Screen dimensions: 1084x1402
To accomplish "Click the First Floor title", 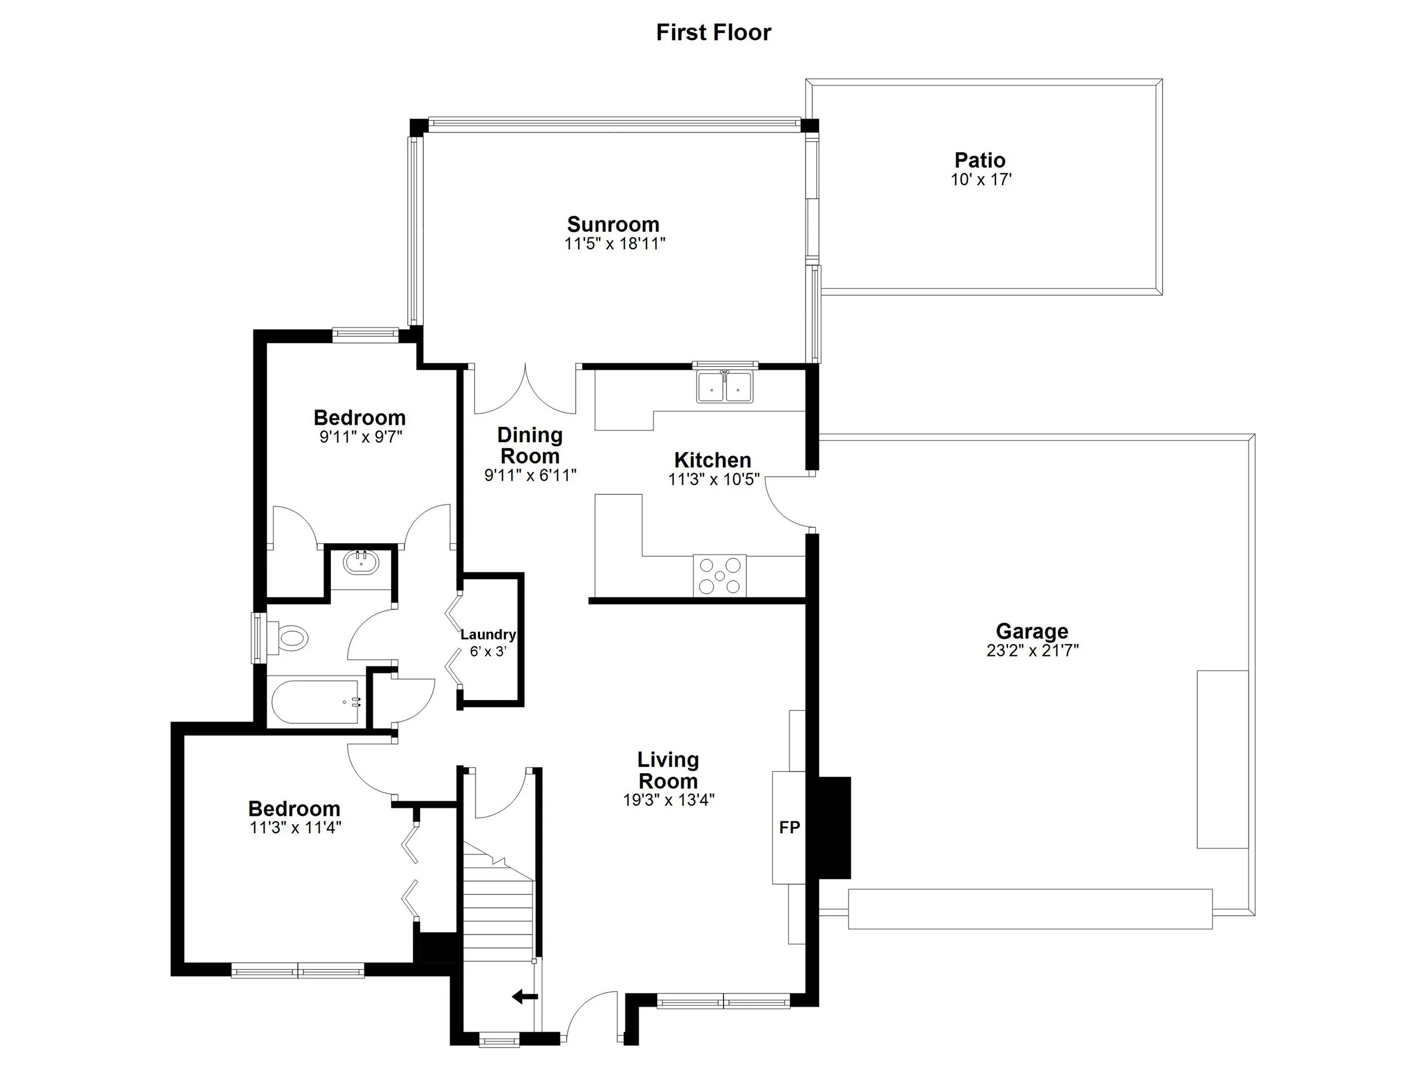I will click(x=713, y=32).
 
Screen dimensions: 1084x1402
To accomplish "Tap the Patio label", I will click(x=980, y=160).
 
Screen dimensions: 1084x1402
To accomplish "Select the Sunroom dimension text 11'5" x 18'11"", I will click(x=614, y=244).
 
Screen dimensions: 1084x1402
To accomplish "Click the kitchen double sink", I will click(x=725, y=388).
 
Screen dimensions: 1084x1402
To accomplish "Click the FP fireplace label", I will click(x=789, y=828).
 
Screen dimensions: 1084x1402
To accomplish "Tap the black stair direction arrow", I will click(x=525, y=996).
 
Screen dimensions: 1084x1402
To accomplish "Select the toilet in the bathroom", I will click(x=292, y=639).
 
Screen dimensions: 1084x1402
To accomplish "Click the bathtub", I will click(x=316, y=702).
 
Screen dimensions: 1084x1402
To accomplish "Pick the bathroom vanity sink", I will click(x=361, y=563).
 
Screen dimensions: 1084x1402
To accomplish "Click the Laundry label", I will click(x=488, y=635).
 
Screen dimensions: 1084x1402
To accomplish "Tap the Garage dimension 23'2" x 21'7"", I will click(x=1032, y=650).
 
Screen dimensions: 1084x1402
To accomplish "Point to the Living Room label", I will click(x=667, y=770).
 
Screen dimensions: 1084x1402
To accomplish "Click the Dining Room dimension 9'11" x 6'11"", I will click(x=531, y=476).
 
